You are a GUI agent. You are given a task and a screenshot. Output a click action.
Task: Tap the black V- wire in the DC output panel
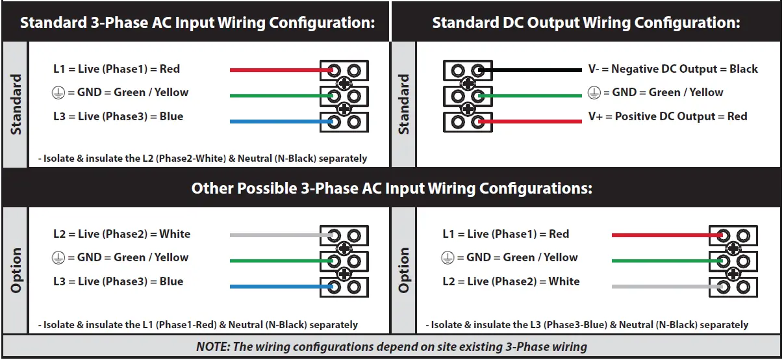(x=533, y=70)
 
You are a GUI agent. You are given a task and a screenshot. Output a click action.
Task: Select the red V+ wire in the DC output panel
(x=533, y=122)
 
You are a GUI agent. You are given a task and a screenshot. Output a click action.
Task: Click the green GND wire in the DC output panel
(x=533, y=96)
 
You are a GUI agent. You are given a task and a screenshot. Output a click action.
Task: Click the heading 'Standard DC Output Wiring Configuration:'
(x=586, y=23)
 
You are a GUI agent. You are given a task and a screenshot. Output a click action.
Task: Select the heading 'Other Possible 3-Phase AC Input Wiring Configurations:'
(x=392, y=188)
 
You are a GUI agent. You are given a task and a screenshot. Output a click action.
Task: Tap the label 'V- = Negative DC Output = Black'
(x=673, y=69)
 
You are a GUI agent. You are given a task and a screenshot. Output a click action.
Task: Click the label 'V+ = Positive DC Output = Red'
(x=668, y=117)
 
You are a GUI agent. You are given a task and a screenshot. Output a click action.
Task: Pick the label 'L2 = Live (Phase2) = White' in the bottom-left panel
(x=121, y=234)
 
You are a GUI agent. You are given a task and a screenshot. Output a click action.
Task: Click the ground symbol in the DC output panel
(x=594, y=93)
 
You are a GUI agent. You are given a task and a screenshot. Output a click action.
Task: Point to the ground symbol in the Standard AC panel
(x=58, y=93)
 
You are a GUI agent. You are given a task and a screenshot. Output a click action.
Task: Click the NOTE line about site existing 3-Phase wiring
(x=392, y=346)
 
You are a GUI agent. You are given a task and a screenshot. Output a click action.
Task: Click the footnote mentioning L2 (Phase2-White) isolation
(x=203, y=159)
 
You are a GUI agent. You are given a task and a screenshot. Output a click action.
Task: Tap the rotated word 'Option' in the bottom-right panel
(x=403, y=270)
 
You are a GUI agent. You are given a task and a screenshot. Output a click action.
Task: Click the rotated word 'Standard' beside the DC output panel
(x=403, y=104)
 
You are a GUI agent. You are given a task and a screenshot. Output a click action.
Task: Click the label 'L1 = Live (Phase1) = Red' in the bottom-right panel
(x=505, y=234)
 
